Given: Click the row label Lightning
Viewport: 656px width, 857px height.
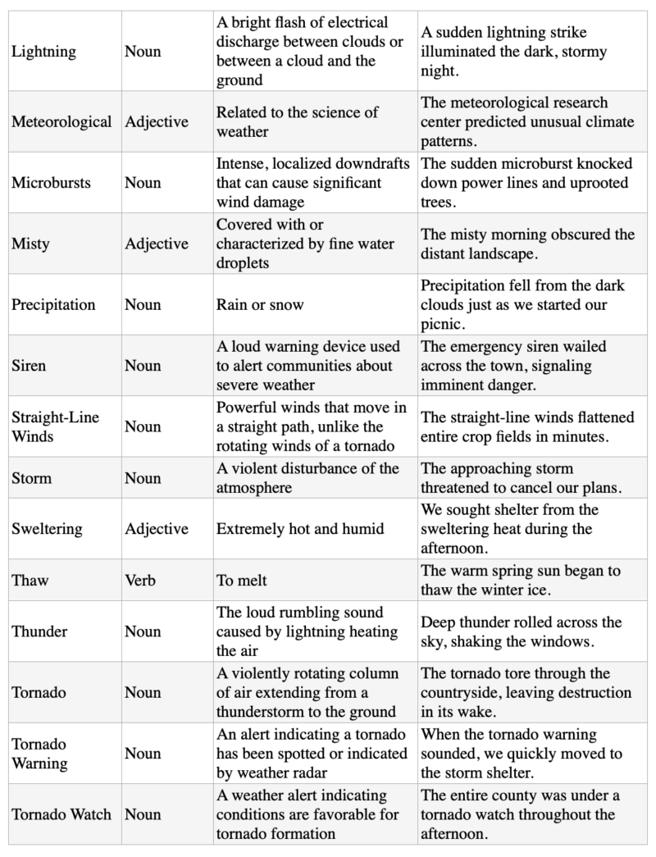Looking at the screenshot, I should point(43,52).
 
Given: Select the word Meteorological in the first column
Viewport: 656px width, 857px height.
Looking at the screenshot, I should point(61,121).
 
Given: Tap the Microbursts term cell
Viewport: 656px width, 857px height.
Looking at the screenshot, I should point(52,182).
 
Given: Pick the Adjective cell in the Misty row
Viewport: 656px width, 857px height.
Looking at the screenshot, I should point(157,244).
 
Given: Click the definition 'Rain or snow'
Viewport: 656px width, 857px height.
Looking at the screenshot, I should point(260,304).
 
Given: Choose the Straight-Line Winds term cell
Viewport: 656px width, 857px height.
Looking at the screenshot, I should point(55,426).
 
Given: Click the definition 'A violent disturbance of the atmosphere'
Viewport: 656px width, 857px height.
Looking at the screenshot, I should point(307,477).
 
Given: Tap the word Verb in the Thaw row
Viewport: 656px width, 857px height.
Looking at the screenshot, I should point(140,580).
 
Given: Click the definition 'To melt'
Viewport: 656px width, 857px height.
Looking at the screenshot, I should point(242,580).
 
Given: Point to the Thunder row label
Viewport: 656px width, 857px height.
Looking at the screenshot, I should point(39,631).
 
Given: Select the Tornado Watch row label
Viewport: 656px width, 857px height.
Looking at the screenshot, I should point(62,814).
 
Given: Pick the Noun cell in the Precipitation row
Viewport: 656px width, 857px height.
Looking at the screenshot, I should point(143,304).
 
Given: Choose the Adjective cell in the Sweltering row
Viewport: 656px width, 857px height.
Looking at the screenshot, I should point(157,528).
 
